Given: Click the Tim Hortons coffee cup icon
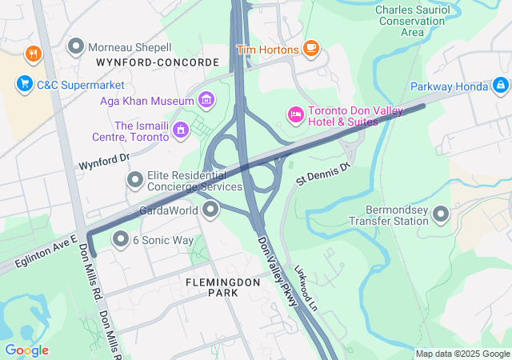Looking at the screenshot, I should pos(310,50).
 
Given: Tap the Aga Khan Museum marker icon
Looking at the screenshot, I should pos(206,101).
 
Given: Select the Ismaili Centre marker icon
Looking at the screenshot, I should pos(181,128).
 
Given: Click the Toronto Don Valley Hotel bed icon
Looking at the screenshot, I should pos(295,117).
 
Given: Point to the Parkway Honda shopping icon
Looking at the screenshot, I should pos(500,83).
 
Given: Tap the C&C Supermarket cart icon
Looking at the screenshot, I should pos(25,82).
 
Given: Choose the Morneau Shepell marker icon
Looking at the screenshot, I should pos(76,47).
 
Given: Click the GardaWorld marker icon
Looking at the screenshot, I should pos(211,210).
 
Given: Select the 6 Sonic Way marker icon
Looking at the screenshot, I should pos(121,239).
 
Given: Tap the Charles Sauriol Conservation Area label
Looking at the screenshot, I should pos(411,21).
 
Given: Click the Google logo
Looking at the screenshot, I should pos(26,350).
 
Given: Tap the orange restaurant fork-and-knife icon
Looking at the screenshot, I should pos(33,54).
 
